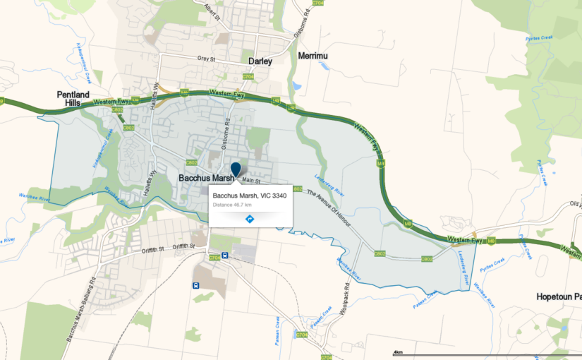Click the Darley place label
tap(260, 61)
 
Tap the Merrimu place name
tap(314, 56)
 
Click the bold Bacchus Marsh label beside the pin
tap(206, 178)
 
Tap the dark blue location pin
tap(236, 169)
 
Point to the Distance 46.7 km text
tap(232, 205)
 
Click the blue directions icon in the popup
tap(250, 219)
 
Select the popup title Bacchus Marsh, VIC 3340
tap(250, 195)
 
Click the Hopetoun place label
tap(558, 296)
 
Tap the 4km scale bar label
tap(398, 352)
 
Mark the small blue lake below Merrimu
tap(297, 86)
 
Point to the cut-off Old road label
tap(576, 205)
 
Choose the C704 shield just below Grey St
tap(248, 76)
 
